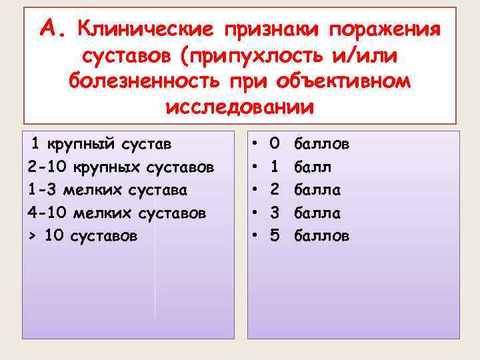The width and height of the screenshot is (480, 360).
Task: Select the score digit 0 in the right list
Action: point(275,143)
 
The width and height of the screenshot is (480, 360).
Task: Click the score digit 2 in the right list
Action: point(275,189)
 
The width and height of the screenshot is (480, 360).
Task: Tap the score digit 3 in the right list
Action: point(275,213)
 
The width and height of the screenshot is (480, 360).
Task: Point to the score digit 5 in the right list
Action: point(275,236)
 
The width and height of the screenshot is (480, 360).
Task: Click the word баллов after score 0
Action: point(321,143)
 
